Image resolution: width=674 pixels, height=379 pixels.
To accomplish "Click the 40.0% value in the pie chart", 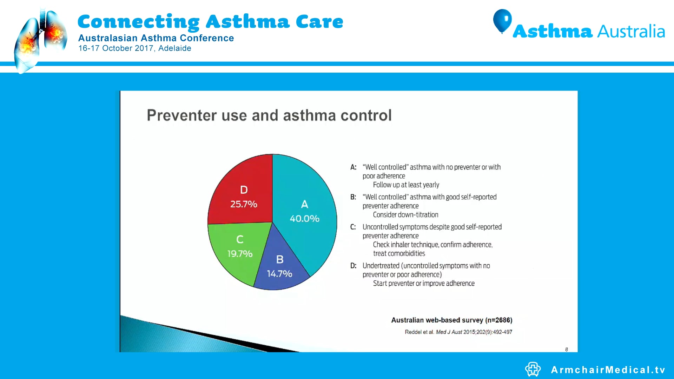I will click(304, 219).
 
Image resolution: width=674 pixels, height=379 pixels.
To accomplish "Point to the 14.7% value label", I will click(279, 274).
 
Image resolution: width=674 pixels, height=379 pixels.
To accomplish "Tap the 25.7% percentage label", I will click(244, 204).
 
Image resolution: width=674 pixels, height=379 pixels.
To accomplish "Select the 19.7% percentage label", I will click(240, 254).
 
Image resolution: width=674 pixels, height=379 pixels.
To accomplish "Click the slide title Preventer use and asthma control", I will click(269, 115).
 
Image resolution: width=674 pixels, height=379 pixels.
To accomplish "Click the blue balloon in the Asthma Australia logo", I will click(502, 20).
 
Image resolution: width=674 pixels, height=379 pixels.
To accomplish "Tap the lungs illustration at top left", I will click(40, 40).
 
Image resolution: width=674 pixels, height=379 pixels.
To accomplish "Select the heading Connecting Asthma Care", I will click(210, 22).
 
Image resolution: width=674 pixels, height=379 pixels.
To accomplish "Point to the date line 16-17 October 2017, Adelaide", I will click(135, 48).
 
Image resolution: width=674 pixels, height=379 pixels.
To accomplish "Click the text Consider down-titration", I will click(405, 215).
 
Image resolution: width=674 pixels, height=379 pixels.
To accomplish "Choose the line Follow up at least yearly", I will click(406, 185).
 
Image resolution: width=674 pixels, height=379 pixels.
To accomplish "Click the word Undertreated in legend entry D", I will click(381, 266).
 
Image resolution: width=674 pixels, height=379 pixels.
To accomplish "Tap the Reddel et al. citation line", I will click(458, 332).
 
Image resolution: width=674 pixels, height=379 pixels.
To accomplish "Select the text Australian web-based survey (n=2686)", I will click(451, 320).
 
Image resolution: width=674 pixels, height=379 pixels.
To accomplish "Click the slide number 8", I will click(566, 349).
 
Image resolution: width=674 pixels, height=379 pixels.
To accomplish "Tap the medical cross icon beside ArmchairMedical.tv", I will click(533, 369).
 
